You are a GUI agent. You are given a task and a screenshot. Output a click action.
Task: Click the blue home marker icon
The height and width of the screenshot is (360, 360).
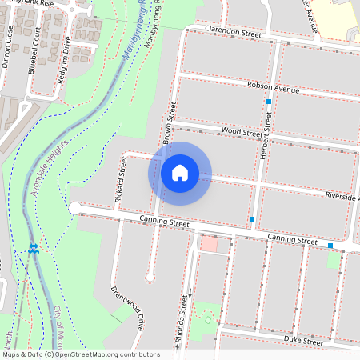coord(180,173)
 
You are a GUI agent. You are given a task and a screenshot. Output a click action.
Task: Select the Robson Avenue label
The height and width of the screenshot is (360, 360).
coord(274,87)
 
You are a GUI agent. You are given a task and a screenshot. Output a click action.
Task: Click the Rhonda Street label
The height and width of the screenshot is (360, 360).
coord(185,319)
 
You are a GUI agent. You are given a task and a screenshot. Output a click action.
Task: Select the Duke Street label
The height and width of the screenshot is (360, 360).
coord(302,341)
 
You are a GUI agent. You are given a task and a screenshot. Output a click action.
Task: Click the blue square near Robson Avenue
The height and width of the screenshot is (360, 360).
coord(270,102)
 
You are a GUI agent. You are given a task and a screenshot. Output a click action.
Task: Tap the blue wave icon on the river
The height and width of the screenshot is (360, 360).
coord(33,250)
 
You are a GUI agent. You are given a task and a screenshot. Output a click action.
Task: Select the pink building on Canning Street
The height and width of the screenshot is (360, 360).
coord(208,244)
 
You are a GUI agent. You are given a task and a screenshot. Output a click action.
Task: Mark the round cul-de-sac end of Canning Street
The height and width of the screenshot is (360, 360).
coord(74,208)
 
